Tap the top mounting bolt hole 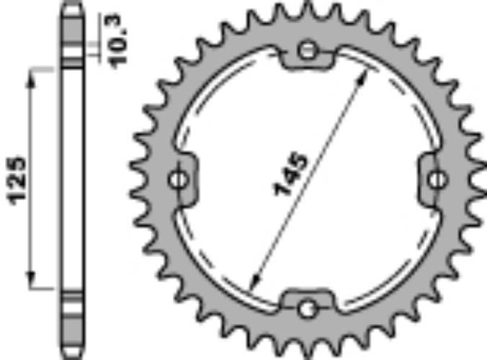pos(308,50)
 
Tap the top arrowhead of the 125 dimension pos(31,74)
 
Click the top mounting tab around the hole pos(308,58)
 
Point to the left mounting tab pos(183,179)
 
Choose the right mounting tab pos(431,179)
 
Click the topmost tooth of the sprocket pos(308,9)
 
